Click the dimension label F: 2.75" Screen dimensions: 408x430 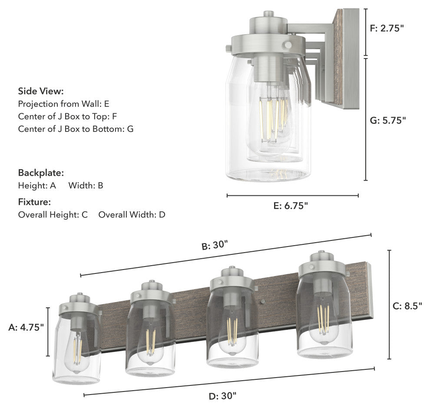click(x=387, y=29)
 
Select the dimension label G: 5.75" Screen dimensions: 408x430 click(x=388, y=121)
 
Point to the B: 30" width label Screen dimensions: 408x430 click(x=215, y=245)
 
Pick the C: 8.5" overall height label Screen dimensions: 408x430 click(x=407, y=306)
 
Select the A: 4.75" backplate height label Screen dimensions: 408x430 click(x=26, y=327)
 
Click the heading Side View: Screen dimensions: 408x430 click(x=41, y=91)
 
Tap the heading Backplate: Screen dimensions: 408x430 click(x=41, y=173)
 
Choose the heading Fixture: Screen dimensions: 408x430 click(x=34, y=202)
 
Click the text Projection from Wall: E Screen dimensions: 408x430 click(x=63, y=104)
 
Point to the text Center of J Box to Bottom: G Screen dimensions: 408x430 click(x=76, y=129)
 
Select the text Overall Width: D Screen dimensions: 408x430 click(x=132, y=214)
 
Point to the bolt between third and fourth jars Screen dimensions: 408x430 click(x=263, y=300)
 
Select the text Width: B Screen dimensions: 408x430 click(x=86, y=186)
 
